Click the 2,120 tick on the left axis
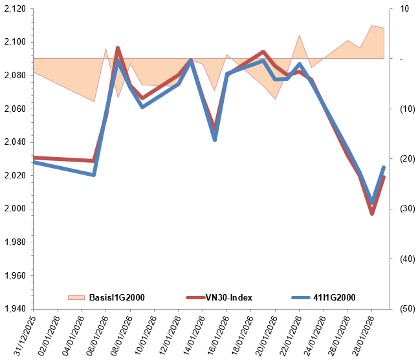pyautogui.click(x=16, y=9)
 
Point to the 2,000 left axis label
pyautogui.click(x=16, y=209)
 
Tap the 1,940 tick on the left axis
pyautogui.click(x=16, y=308)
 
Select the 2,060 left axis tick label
pyautogui.click(x=16, y=109)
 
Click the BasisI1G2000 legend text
pyautogui.click(x=116, y=297)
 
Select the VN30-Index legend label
pyautogui.click(x=228, y=297)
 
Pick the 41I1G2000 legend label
pyautogui.click(x=334, y=297)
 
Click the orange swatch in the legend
pyautogui.click(x=76, y=297)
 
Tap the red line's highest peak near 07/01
pyautogui.click(x=118, y=48)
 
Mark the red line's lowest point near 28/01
pyautogui.click(x=372, y=213)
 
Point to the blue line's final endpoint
pyautogui.click(x=384, y=167)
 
